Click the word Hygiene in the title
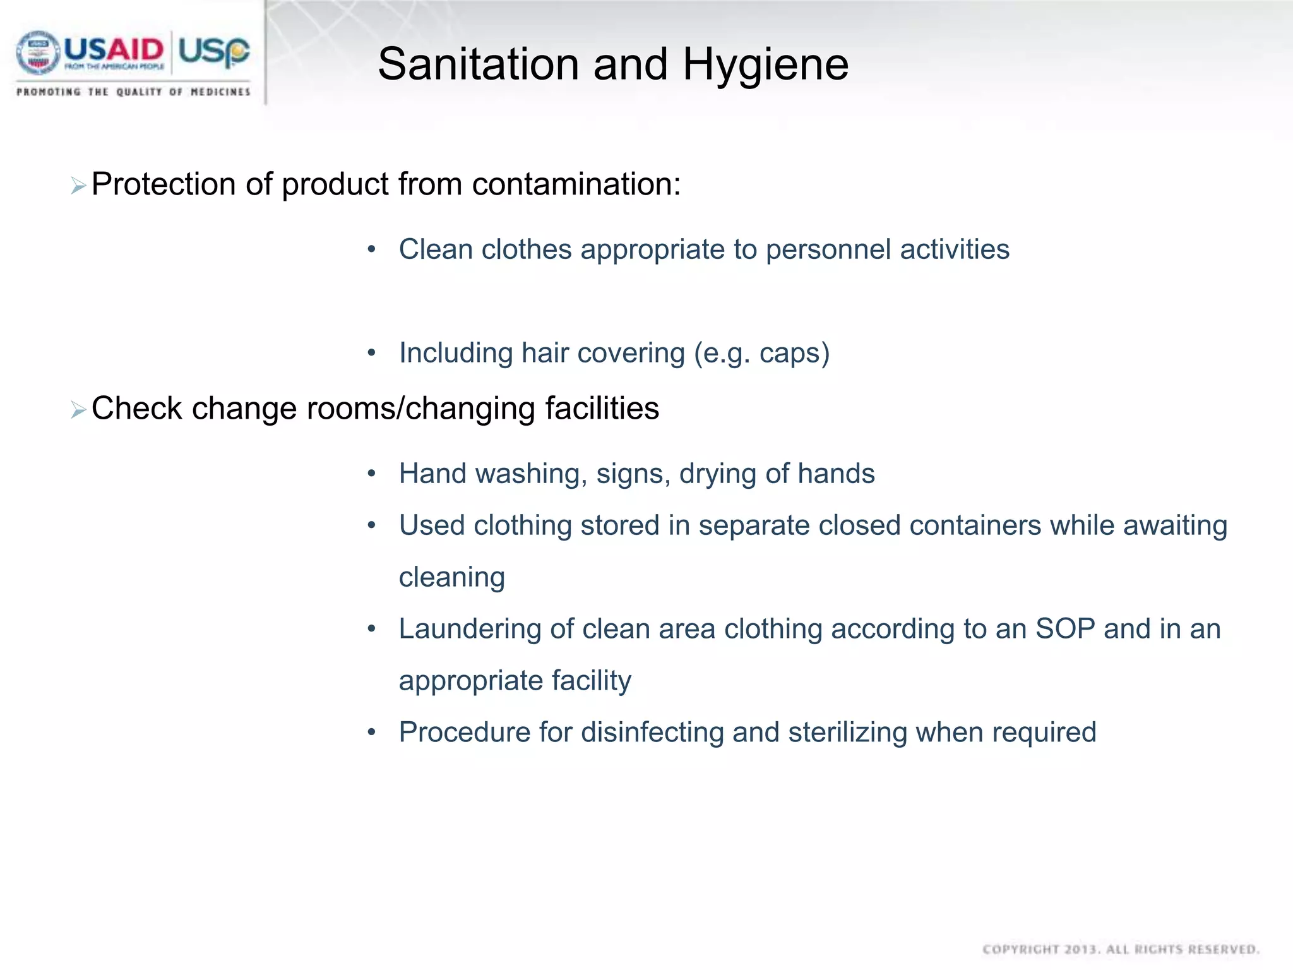765,66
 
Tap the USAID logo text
114,51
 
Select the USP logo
213,51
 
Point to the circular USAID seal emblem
38,53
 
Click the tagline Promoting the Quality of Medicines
133,92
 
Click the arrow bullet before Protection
78,186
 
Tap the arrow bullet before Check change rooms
78,410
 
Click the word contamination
576,184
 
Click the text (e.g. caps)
761,353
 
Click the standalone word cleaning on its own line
452,577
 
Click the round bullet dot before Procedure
372,733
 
